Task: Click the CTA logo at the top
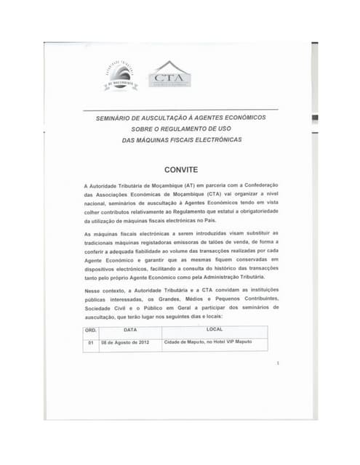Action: click(x=169, y=75)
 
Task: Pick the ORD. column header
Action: click(x=92, y=330)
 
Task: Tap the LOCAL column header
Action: click(x=214, y=330)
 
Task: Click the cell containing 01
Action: click(x=92, y=341)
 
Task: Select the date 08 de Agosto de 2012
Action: click(x=124, y=341)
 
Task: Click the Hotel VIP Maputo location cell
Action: click(x=208, y=341)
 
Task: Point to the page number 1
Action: click(x=277, y=363)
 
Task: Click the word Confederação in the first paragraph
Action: click(x=249, y=187)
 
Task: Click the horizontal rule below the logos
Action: click(x=181, y=110)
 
